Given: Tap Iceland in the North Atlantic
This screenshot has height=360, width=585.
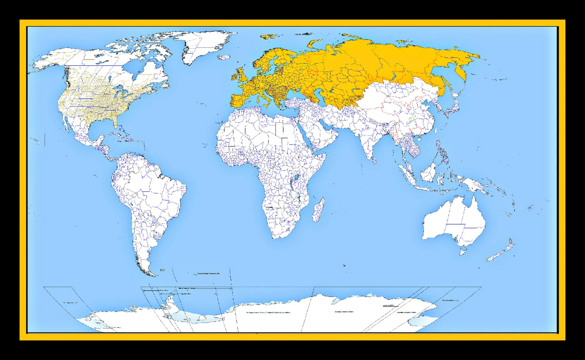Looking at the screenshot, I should coord(223,57).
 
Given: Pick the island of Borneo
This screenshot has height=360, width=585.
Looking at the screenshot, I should coord(429,171).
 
